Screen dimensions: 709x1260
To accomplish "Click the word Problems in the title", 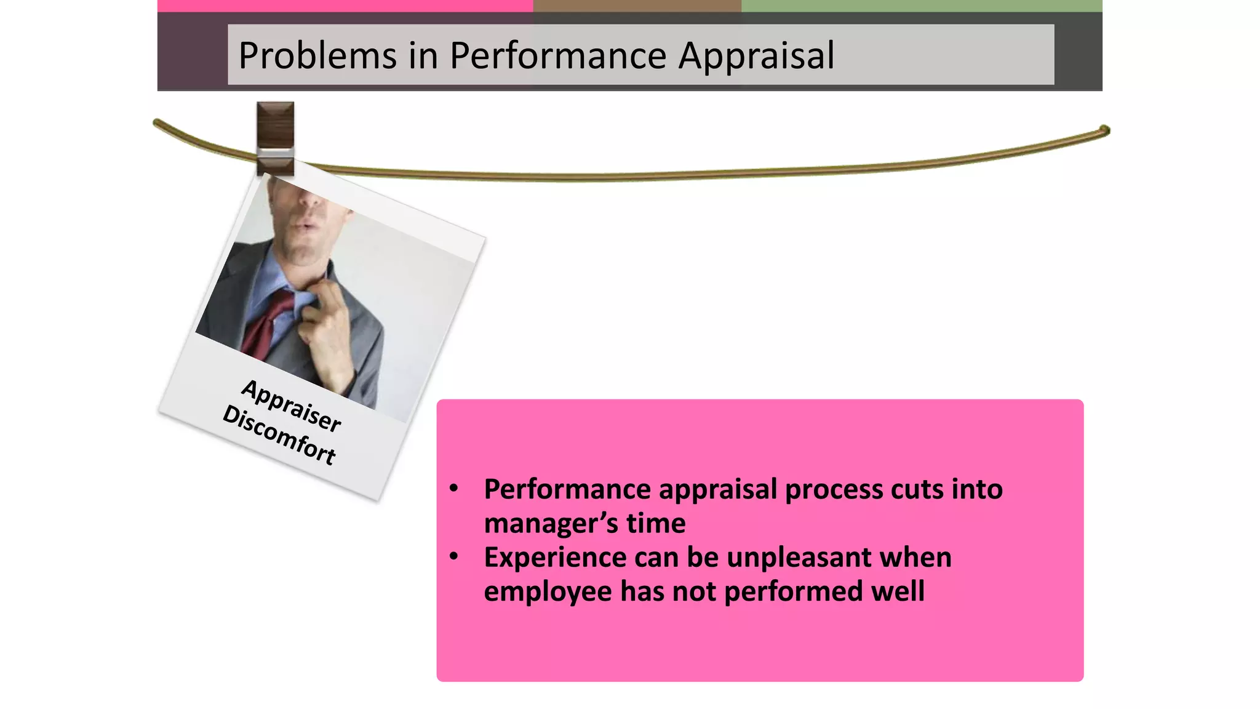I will point(317,55).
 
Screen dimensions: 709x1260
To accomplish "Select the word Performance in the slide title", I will point(558,55).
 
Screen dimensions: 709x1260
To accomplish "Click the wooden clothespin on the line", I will point(275,138).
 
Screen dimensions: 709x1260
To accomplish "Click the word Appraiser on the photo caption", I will point(291,406).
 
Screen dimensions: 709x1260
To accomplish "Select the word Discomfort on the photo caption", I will point(279,435).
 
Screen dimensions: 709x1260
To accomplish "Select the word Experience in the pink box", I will point(554,558).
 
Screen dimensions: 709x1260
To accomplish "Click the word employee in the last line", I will point(547,591).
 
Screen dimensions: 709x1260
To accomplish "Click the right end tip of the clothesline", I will point(1105,130).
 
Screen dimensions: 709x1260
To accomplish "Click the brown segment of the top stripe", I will point(637,6).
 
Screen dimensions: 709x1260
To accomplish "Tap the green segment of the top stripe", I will point(921,6).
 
